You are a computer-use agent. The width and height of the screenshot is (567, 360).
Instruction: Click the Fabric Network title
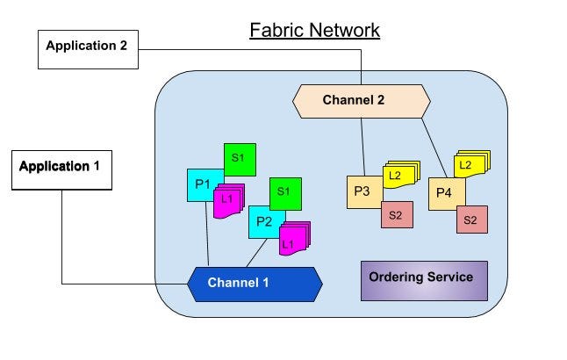[314, 31]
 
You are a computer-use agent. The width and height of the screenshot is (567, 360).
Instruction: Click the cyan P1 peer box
[202, 184]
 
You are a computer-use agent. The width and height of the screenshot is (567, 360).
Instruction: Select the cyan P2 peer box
[262, 222]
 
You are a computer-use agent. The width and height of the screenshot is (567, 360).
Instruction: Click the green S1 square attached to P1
[240, 159]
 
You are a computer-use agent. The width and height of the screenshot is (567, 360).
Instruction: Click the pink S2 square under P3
[397, 215]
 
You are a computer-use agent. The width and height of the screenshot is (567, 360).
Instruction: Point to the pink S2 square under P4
[471, 220]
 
